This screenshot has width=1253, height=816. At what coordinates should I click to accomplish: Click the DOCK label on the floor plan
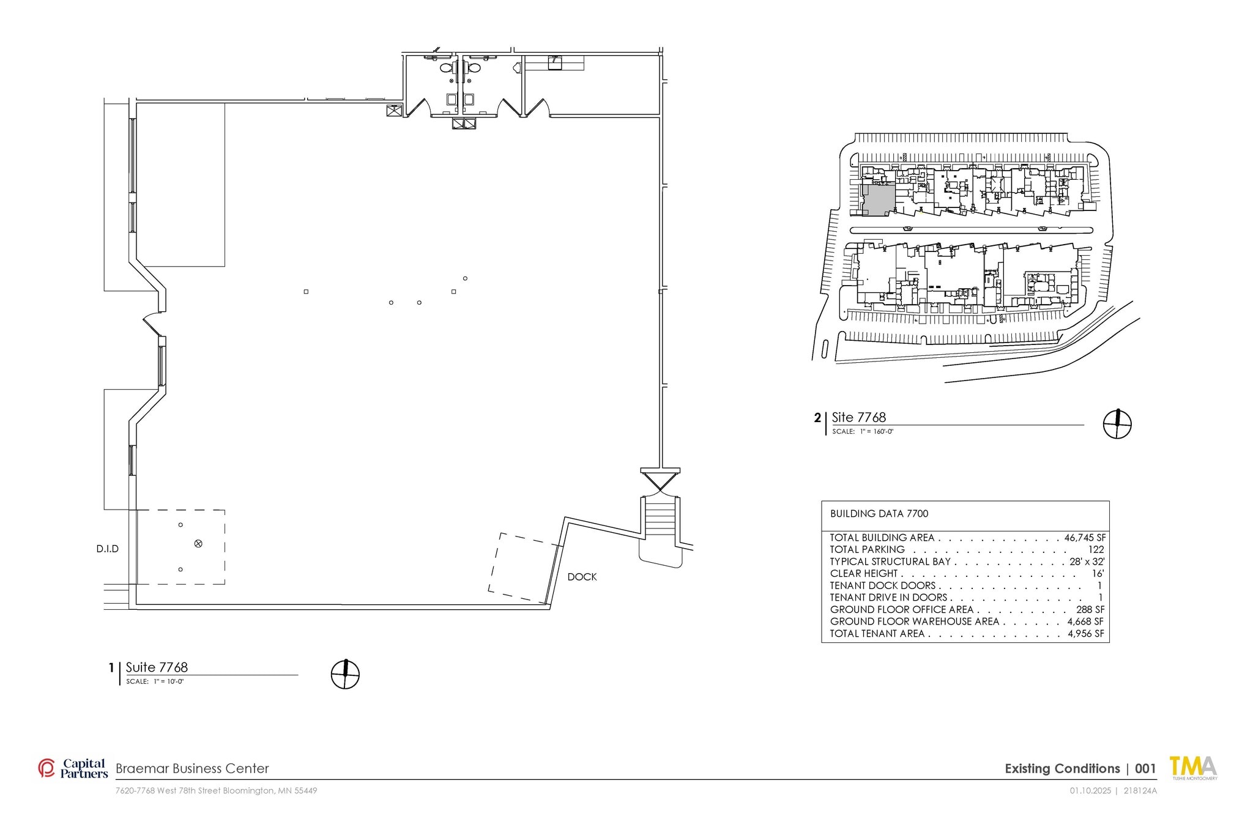point(582,577)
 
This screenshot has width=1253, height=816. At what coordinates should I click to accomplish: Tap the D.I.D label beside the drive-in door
point(108,549)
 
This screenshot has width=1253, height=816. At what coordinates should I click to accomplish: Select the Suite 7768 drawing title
point(157,667)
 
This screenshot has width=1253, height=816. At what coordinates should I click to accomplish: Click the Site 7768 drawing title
point(859,417)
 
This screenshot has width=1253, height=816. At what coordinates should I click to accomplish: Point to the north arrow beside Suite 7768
point(345,674)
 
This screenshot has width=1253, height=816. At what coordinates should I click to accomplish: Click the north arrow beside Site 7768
point(1117,424)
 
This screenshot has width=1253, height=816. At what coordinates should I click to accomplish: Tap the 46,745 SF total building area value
point(1085,538)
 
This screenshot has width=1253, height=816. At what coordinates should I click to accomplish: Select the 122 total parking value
point(1096,549)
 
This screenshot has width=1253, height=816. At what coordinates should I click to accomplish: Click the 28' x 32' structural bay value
point(1087,562)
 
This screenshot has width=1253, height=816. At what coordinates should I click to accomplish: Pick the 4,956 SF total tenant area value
point(1086,634)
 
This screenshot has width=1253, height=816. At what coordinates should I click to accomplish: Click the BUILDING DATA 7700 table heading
point(879,514)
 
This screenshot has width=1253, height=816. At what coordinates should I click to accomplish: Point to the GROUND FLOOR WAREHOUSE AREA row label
point(915,621)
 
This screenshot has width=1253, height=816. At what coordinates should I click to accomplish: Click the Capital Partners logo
point(73,768)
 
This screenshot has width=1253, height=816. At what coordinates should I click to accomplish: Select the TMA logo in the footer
point(1193,768)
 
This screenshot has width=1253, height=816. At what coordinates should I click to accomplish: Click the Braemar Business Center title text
point(192,768)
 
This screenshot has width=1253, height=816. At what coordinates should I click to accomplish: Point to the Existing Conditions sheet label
point(1062,769)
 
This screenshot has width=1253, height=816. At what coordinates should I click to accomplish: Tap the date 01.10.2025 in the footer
point(1090,790)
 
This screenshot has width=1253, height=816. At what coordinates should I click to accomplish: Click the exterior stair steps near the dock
point(660,517)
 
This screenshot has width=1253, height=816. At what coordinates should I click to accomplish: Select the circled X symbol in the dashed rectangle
point(198,543)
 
